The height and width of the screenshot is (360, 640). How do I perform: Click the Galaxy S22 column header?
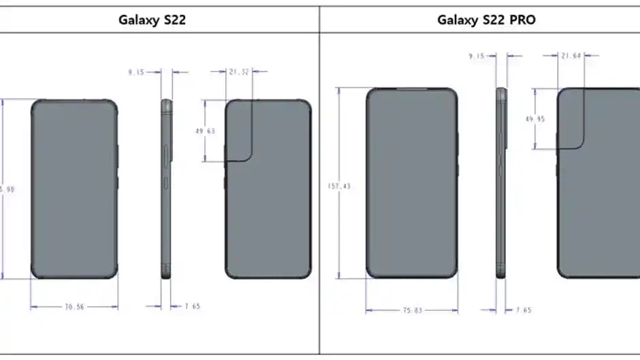[153, 20]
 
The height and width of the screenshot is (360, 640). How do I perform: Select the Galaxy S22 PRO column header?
[485, 20]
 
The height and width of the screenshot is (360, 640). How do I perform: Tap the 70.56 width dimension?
[74, 307]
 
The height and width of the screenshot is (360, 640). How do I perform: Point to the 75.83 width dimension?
[412, 310]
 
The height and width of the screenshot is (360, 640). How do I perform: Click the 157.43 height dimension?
[338, 186]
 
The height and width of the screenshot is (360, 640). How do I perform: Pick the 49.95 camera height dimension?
[535, 118]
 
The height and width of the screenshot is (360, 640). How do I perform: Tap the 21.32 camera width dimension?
[238, 70]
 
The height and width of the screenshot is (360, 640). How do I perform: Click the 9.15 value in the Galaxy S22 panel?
[138, 70]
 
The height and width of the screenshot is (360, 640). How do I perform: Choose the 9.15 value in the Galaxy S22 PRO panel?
[477, 56]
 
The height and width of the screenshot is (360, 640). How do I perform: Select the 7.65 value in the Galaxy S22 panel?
[192, 306]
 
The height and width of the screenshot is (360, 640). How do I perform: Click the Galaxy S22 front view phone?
[74, 189]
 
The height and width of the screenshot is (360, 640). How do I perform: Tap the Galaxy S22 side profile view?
[167, 189]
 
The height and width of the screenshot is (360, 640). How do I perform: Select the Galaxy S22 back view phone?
[268, 189]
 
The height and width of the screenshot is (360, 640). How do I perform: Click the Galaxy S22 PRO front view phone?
[412, 182]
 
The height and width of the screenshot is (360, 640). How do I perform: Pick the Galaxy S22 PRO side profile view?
[501, 182]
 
